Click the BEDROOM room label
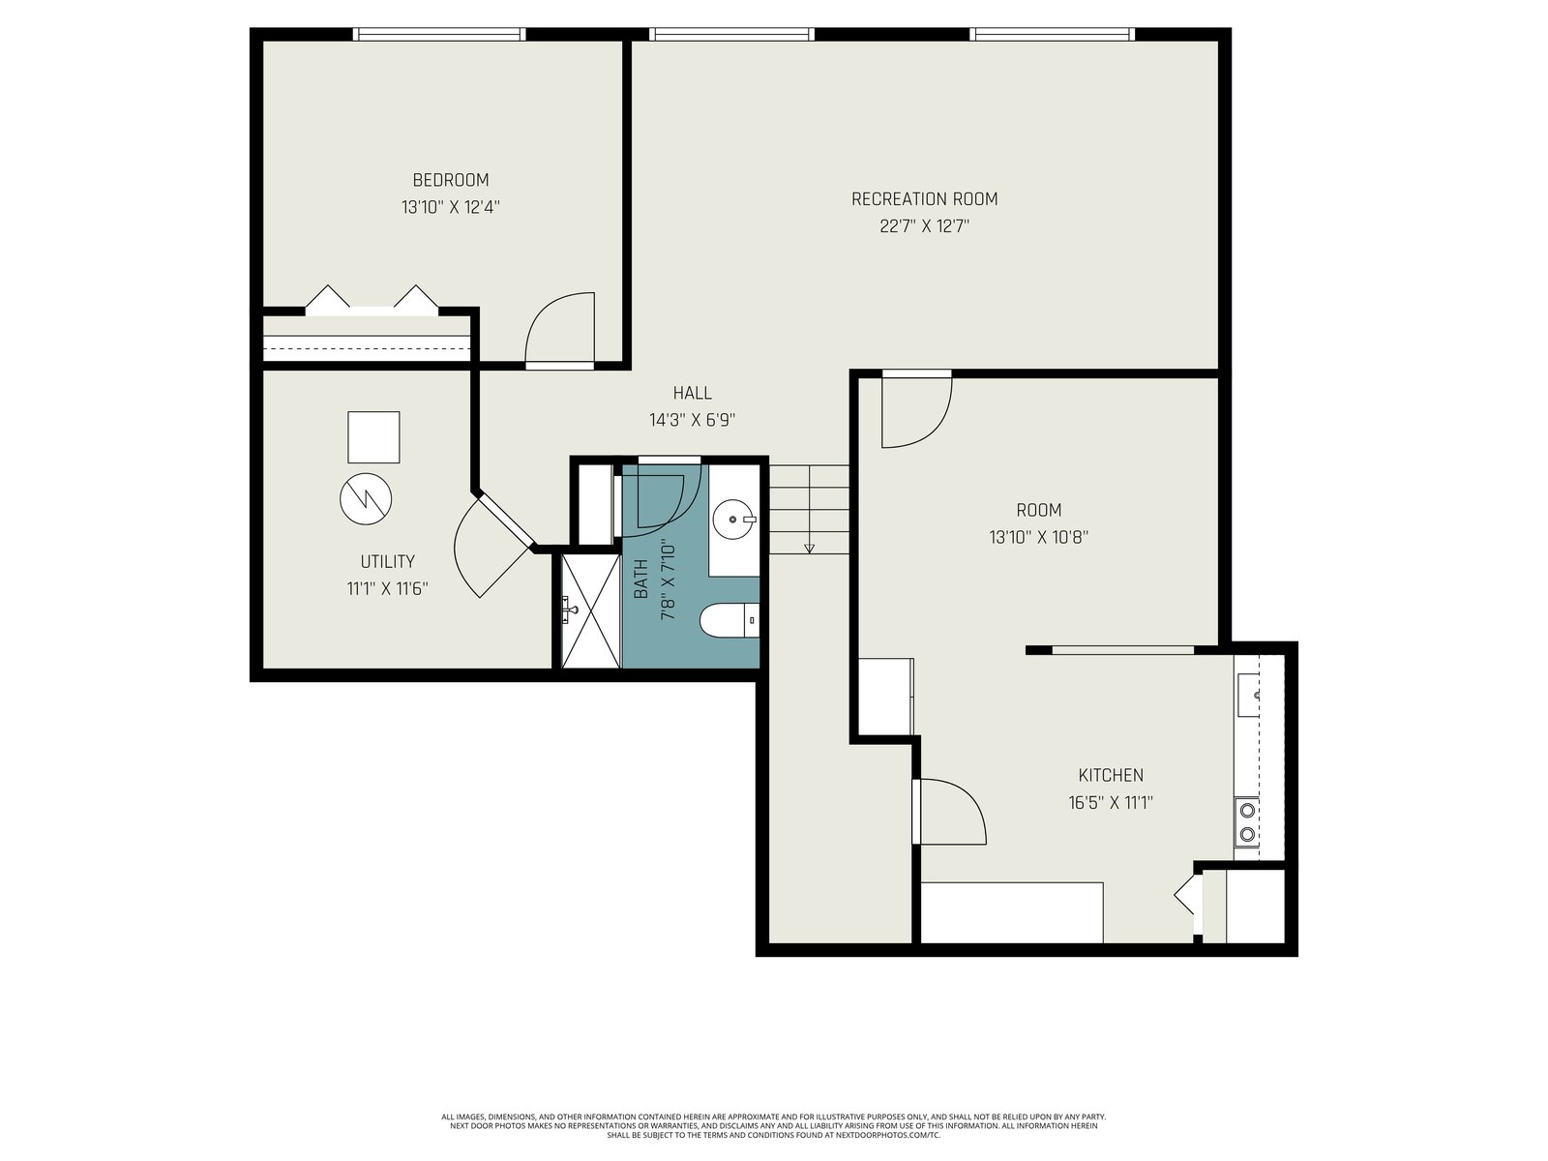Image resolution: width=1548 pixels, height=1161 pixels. [x=451, y=181]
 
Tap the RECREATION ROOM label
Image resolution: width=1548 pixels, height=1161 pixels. [x=925, y=199]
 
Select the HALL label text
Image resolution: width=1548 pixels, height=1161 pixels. [x=693, y=394]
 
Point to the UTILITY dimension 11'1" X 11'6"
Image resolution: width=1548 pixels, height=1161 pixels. [x=388, y=588]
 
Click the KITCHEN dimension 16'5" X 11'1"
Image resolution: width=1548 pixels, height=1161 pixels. [x=1111, y=802]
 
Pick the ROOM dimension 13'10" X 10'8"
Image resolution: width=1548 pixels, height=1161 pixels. [x=1039, y=537]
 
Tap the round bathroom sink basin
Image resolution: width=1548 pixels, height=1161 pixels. [x=733, y=519]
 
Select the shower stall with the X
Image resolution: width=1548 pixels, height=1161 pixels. [x=590, y=610]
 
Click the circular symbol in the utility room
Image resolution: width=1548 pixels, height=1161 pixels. [x=366, y=498]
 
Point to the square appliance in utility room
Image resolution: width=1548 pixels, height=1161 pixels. [x=373, y=437]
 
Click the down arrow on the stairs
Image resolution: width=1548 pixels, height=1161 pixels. [x=809, y=548]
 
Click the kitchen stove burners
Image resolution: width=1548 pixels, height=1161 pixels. [x=1247, y=822]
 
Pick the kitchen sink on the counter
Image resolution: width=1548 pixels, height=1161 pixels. [x=1247, y=695]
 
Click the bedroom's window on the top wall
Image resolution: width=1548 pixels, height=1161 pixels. [x=438, y=34]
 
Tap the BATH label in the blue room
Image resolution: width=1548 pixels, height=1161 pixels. [x=640, y=579]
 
